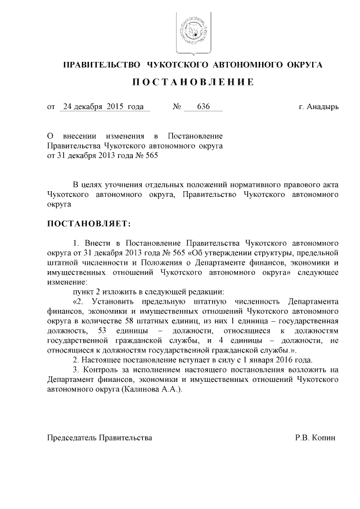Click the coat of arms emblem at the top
192,29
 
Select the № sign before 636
175,106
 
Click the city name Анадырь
325,106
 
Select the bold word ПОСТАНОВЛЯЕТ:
88,224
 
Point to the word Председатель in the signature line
72,437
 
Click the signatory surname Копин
325,437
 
